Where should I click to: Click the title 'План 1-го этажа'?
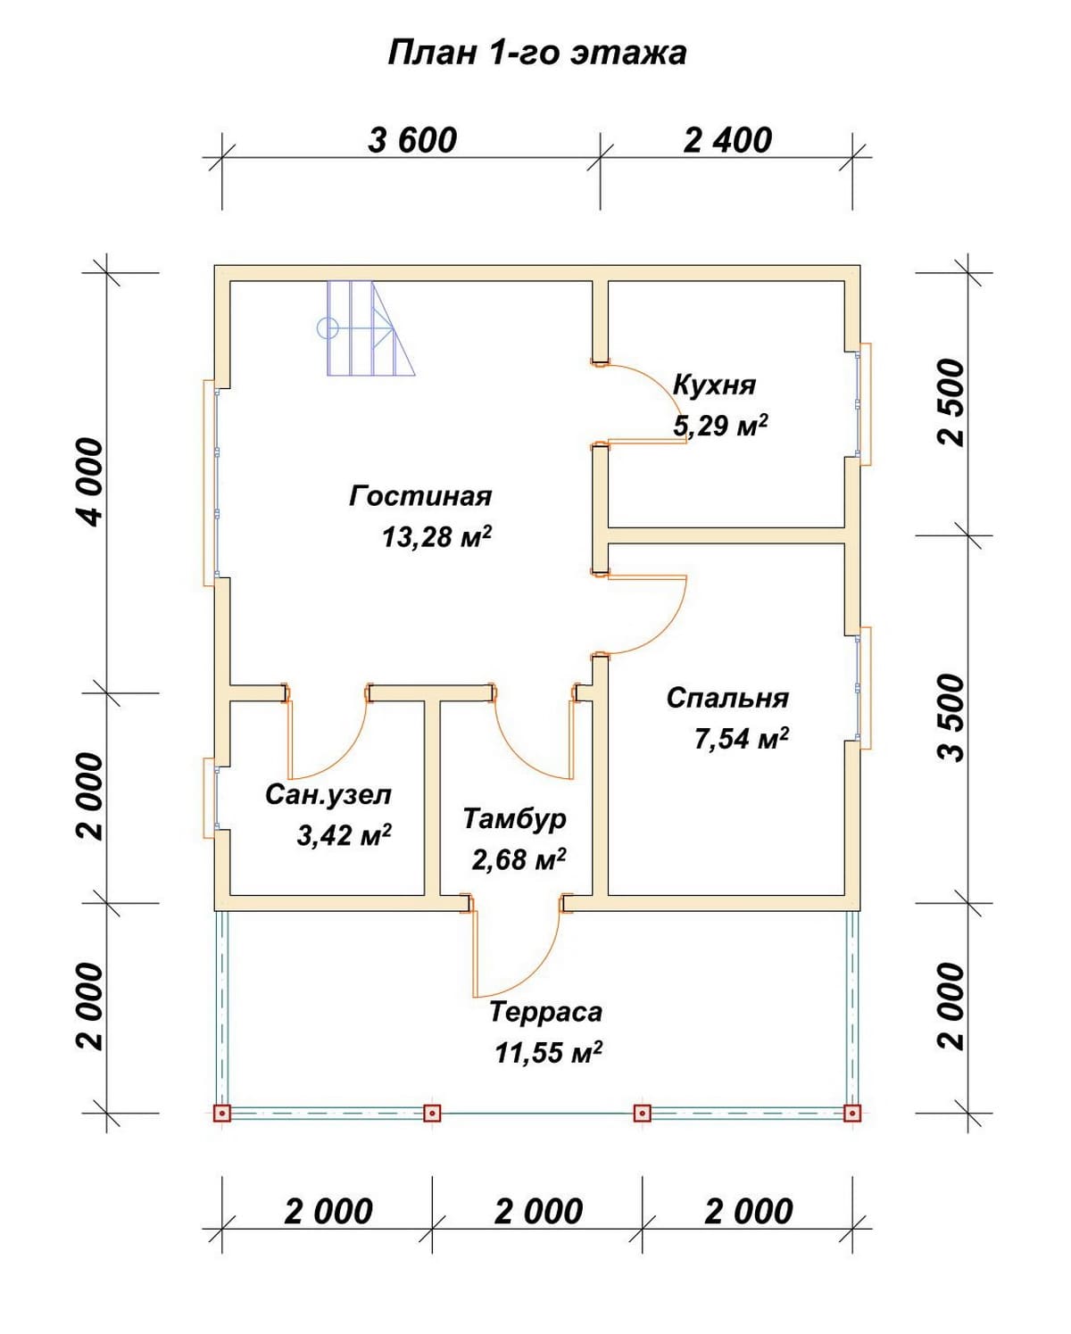[x=536, y=53]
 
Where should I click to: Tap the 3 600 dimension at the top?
[x=411, y=141]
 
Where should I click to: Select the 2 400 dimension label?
[x=727, y=141]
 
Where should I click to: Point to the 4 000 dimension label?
[x=89, y=482]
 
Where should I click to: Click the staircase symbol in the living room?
[x=366, y=327]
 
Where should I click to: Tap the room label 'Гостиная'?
[x=420, y=496]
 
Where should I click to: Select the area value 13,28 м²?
[x=436, y=536]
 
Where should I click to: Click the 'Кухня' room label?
[x=714, y=385]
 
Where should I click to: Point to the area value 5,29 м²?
[x=720, y=426]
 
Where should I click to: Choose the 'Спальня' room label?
[x=727, y=698]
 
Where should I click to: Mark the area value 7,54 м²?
[x=741, y=738]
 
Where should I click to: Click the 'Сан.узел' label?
[x=328, y=795]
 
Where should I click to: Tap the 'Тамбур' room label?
[x=514, y=818]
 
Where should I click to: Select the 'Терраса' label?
[x=545, y=1012]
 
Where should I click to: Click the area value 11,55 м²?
[x=548, y=1053]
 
